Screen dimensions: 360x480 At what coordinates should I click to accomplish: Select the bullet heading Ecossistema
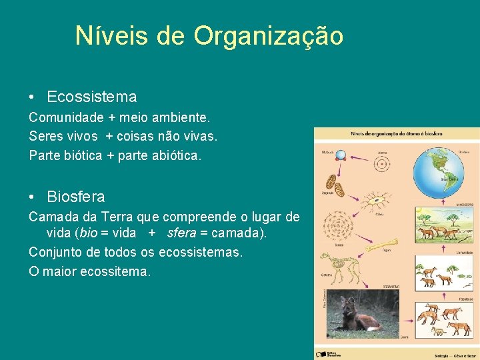92,97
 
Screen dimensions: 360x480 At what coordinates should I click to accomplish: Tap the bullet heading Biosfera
76,197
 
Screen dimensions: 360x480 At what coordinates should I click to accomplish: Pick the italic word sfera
182,233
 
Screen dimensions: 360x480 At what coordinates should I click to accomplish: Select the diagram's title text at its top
396,133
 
